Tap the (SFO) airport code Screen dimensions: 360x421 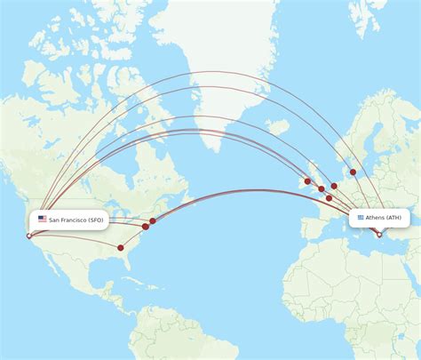point(96,219)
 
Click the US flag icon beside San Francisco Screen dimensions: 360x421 point(42,219)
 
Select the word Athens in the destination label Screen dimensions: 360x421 point(375,218)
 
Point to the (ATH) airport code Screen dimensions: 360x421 point(393,218)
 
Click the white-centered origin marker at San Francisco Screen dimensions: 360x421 point(28,236)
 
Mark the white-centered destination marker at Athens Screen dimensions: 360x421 point(378,235)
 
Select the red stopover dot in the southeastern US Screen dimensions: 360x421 point(121,247)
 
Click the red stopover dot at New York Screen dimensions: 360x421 point(153,220)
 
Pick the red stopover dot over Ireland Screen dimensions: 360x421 point(307,181)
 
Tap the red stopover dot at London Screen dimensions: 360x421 point(322,188)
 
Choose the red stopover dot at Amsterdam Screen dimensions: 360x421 point(334,186)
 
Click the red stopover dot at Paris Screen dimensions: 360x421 point(329,198)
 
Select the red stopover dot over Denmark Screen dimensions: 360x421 point(353,172)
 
